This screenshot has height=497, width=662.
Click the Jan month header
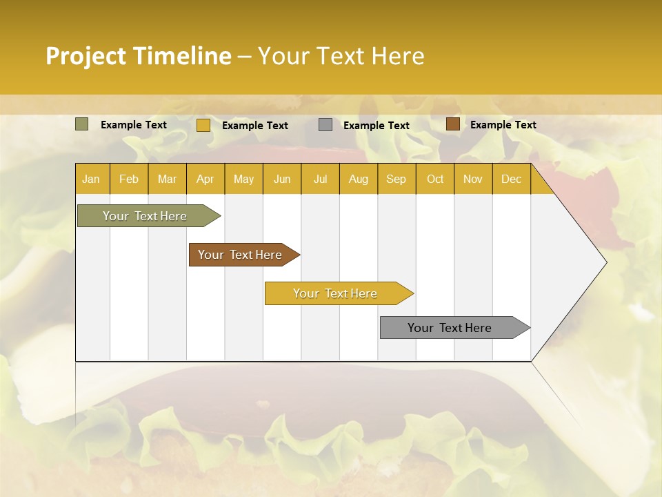coord(91,179)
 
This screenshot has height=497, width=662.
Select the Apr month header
coord(205,179)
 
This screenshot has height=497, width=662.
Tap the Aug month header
coord(358,179)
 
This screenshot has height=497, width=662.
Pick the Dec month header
coord(511,179)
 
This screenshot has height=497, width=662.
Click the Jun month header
coord(282,179)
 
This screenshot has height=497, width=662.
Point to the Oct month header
coord(435,179)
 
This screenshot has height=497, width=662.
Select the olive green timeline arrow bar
coord(145,216)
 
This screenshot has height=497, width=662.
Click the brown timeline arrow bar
coord(240,255)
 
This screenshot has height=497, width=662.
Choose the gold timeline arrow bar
coord(335,293)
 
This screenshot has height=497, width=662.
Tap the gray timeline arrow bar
coord(450,328)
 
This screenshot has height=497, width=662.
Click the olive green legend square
coord(81,124)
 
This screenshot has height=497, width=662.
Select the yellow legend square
coord(203,125)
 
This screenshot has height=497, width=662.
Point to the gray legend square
coord(325,125)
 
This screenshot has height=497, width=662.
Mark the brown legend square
coord(452,124)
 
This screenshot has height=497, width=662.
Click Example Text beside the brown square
coord(503,125)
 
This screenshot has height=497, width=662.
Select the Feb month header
coord(129,179)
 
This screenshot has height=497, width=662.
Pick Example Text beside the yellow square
coord(254,126)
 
